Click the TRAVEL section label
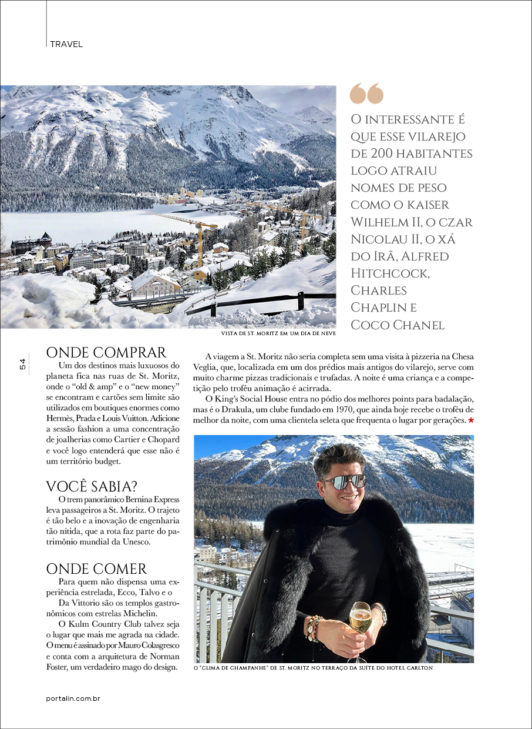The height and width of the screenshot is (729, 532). click(x=66, y=44)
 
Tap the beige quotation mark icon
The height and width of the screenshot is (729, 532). click(x=366, y=93)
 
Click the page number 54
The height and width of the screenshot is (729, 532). click(x=22, y=364)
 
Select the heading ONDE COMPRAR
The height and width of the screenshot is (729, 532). click(x=106, y=352)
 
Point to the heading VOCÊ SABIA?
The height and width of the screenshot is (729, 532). click(x=92, y=486)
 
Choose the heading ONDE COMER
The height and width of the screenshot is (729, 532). click(x=96, y=569)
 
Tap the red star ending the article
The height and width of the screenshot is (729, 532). click(x=470, y=422)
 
